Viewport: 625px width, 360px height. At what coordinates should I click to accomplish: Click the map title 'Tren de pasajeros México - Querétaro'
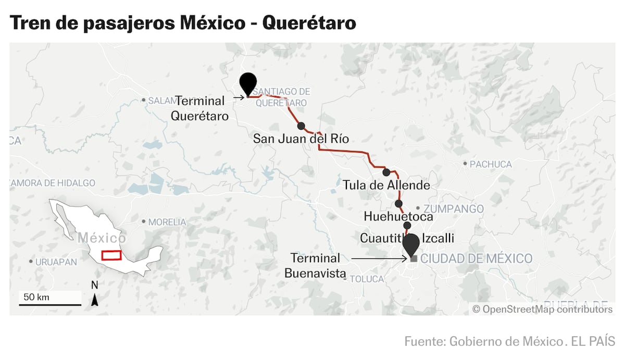point(182,22)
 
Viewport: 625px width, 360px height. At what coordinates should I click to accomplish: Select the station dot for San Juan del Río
point(301,126)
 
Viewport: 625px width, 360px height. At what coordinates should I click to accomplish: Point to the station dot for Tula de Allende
point(386,172)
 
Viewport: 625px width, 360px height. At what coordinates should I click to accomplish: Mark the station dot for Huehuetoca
point(398,204)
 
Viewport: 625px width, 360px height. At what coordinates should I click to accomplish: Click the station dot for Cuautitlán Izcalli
point(407,226)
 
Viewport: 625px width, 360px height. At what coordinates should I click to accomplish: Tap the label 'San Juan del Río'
point(301,139)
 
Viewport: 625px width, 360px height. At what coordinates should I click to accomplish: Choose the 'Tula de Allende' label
point(386,185)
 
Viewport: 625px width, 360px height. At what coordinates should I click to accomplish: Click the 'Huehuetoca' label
point(398,216)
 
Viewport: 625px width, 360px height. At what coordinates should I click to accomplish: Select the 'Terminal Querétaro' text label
point(200,108)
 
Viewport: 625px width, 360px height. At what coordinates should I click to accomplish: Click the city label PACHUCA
point(490,164)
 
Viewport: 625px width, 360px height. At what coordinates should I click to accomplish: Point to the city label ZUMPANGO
point(457,209)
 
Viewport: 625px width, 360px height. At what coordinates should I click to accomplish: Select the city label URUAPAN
point(56,262)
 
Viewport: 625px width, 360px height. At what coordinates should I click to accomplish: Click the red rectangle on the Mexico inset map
point(111,255)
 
